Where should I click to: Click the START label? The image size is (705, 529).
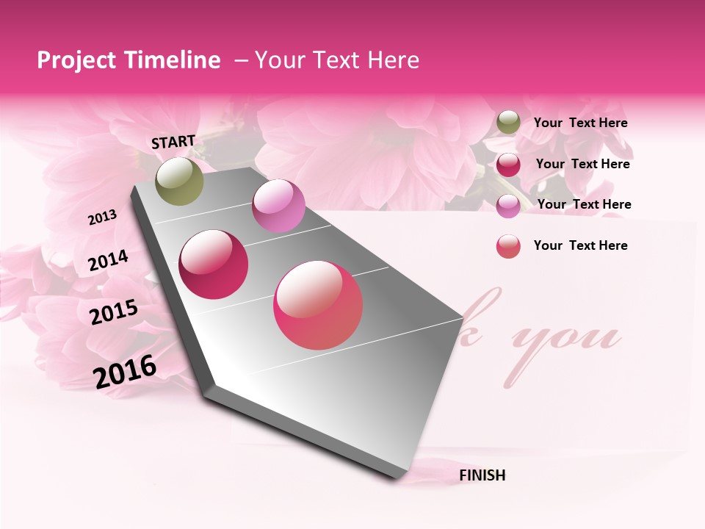[x=173, y=142]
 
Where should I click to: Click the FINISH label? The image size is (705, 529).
[x=482, y=475]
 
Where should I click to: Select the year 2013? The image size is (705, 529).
[x=102, y=217]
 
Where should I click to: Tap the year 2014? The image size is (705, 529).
[x=108, y=261]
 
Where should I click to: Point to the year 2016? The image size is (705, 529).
[x=125, y=371]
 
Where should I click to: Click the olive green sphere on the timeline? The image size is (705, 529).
[x=180, y=181]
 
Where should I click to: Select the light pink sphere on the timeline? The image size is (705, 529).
[x=278, y=206]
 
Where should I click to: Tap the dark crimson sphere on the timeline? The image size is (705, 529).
[x=214, y=264]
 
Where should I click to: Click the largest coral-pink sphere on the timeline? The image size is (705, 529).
[x=318, y=305]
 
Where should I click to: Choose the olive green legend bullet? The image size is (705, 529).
[x=508, y=123]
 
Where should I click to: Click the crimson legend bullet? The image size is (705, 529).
[x=508, y=165]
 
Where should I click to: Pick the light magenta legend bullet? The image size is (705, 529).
[x=508, y=206]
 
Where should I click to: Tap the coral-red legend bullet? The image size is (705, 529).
[x=508, y=246]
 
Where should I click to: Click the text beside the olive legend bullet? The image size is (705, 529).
[x=580, y=123]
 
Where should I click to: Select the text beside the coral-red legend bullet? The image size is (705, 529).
[x=580, y=245]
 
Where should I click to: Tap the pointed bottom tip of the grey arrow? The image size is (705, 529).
[x=399, y=479]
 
